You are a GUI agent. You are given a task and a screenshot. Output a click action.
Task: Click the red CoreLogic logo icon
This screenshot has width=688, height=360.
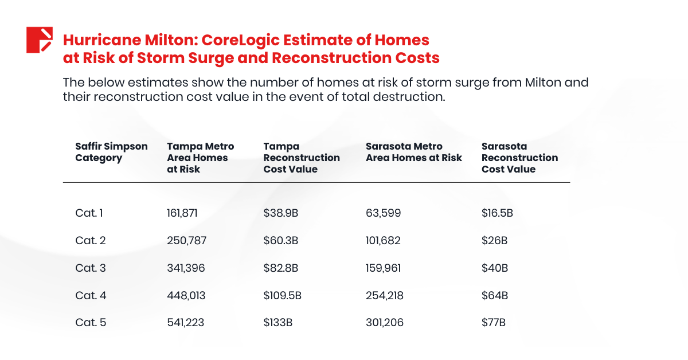pos(40,40)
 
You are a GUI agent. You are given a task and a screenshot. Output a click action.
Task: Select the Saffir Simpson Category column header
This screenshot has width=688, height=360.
pos(111,152)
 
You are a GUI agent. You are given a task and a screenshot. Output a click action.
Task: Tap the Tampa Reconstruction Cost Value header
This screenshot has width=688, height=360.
pos(302,158)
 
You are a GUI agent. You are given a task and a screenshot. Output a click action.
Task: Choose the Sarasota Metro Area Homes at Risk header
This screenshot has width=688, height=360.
pos(413,152)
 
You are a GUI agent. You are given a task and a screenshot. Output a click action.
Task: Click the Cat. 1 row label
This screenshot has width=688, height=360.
pos(89,213)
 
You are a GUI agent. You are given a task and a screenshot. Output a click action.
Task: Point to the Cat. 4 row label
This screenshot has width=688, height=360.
pos(91,296)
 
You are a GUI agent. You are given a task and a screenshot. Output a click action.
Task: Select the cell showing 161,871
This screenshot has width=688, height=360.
pos(182,213)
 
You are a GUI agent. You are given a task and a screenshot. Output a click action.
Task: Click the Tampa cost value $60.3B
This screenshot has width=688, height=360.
pos(281,241)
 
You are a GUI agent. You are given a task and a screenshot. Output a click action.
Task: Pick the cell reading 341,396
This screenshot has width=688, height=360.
pos(185,268)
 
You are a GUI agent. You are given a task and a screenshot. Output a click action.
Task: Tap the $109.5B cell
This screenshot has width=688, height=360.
pos(283,296)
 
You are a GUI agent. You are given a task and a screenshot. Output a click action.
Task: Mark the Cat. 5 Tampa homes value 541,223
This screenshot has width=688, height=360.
pos(185,323)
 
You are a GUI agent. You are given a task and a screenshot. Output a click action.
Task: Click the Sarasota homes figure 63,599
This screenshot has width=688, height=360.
pos(383,213)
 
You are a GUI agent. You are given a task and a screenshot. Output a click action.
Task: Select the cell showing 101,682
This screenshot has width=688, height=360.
pos(383,241)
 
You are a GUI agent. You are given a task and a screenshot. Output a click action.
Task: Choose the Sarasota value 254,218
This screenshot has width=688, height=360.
pos(384,296)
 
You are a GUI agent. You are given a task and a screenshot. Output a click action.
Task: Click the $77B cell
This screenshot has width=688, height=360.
pos(494,323)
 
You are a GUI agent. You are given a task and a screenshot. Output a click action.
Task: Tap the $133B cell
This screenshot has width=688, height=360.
pos(278,323)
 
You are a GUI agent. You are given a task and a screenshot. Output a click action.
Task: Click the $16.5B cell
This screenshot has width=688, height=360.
pos(497,213)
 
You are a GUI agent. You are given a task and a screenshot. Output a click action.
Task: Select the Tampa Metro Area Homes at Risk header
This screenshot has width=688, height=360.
pos(200,158)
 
